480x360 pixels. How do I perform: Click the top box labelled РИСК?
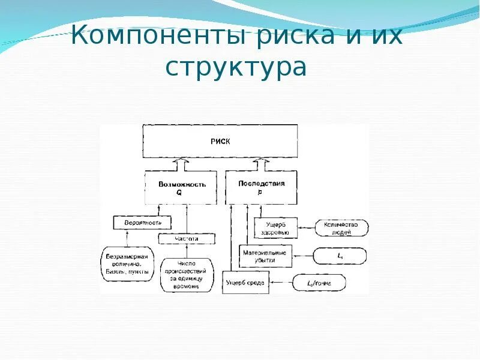[x=220, y=142]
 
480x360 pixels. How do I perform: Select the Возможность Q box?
[x=182, y=188]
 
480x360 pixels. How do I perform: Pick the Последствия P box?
[x=261, y=187]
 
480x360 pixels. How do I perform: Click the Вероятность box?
[x=142, y=223]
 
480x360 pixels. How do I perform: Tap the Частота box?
[x=187, y=239]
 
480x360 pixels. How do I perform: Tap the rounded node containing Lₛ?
[x=340, y=256]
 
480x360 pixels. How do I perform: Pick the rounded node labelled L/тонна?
[x=318, y=281]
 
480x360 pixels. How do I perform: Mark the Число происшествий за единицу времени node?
[x=187, y=275]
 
